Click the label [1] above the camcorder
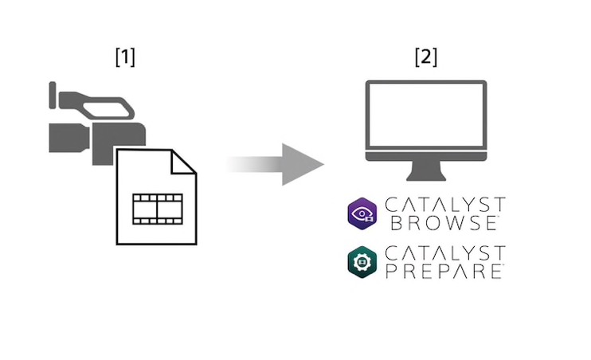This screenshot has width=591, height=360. pos(124,57)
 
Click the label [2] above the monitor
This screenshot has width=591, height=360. pos(425,57)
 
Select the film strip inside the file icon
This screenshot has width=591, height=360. pos(156,206)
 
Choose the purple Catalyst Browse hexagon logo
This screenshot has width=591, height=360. pos(364,214)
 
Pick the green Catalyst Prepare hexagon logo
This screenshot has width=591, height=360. pos(364,262)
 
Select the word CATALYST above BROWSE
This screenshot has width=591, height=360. pos(444,205)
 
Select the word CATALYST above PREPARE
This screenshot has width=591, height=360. pos(444,253)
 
